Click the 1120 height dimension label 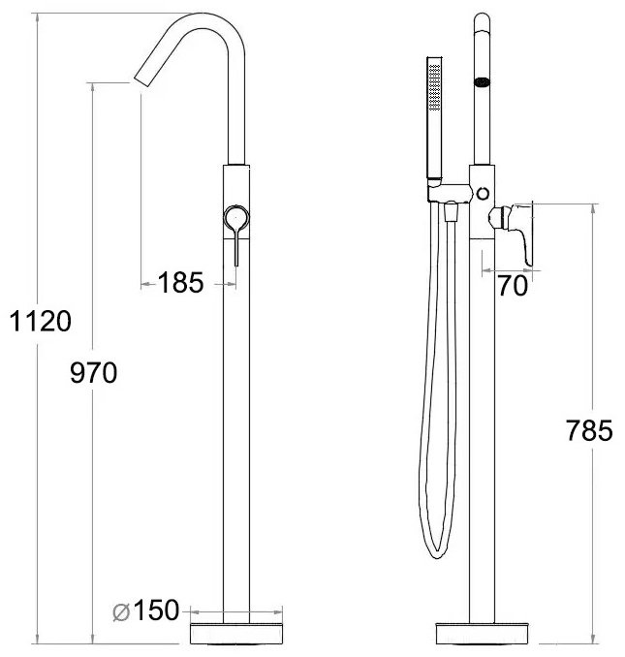[41, 322]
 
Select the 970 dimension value [93, 372]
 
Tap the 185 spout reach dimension [180, 282]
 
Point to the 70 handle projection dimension [513, 285]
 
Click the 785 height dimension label [589, 430]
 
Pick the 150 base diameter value [156, 610]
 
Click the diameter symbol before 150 [121, 613]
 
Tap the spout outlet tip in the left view [141, 81]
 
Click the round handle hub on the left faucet [236, 218]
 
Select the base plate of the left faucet [236, 634]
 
